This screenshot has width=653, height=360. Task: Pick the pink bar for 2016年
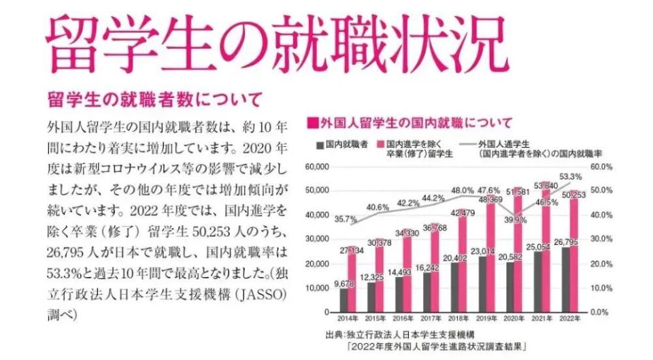pos(408,269)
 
